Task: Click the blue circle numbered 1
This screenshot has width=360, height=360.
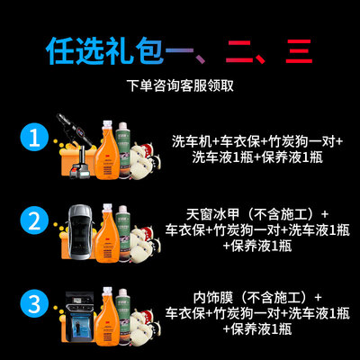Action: [x=34, y=139]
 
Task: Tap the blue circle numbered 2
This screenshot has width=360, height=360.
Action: [x=34, y=221]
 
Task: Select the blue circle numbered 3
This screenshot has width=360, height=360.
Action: [x=34, y=303]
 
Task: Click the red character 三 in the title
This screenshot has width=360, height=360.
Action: [x=299, y=51]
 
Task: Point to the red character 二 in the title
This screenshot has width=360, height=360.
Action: [x=239, y=51]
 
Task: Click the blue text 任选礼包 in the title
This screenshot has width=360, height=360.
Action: [x=105, y=51]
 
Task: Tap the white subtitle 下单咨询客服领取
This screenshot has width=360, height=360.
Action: [x=180, y=85]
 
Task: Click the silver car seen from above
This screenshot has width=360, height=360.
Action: [x=80, y=231]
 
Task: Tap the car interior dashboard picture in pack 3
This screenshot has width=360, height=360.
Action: [x=79, y=316]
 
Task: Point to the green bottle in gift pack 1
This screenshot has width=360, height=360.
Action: [x=123, y=149]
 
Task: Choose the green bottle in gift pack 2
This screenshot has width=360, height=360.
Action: [x=123, y=232]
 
